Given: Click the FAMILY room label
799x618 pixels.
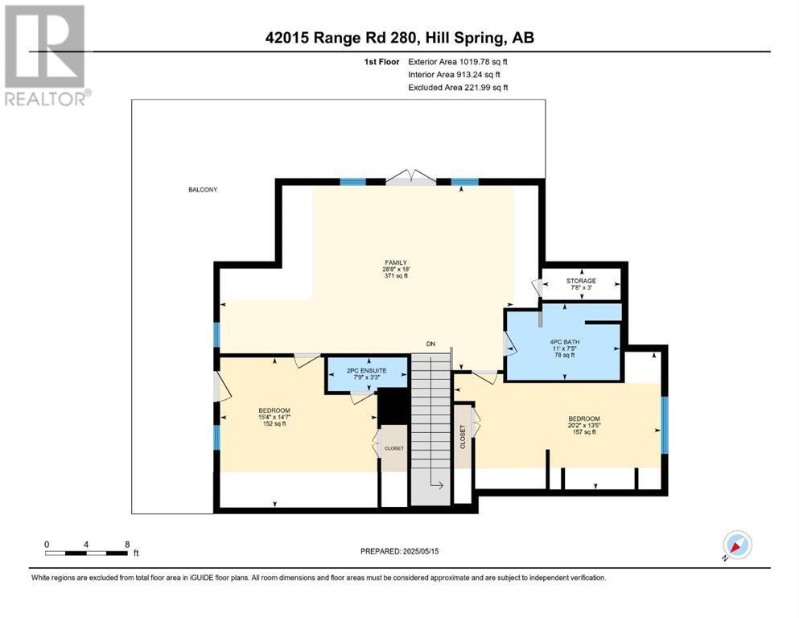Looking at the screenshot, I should (395, 262).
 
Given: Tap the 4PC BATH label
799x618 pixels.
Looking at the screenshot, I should (564, 341).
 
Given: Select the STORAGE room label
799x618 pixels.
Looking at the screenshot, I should (581, 281).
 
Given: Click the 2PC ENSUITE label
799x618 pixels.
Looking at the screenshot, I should (366, 370).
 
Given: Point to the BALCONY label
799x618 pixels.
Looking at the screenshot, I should (203, 190).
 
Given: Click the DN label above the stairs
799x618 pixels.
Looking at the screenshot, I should (430, 344).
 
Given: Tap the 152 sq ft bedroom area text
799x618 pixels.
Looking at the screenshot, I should (274, 424).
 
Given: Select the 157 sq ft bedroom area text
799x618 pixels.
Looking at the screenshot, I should (584, 432).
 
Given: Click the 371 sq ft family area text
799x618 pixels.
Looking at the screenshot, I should (395, 276).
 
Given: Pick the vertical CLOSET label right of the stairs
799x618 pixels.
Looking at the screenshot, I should (463, 436).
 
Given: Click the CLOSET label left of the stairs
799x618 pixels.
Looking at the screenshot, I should (393, 448).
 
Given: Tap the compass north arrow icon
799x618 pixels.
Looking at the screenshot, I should (737, 546).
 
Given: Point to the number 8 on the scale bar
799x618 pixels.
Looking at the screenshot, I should (126, 544).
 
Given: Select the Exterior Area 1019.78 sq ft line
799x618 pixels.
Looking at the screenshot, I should (458, 60).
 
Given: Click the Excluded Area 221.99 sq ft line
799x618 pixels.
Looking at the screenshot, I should (458, 87).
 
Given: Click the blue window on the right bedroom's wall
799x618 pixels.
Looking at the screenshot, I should (664, 425).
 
